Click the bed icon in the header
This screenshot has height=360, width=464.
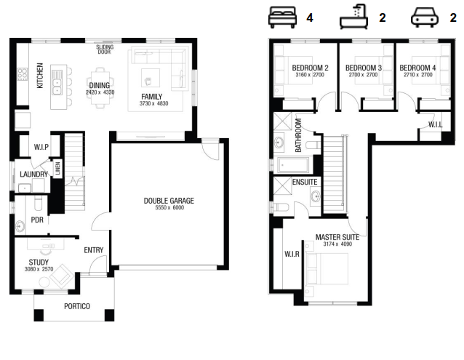pyautogui.click(x=282, y=17)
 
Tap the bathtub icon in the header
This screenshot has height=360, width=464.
pyautogui.click(x=353, y=17)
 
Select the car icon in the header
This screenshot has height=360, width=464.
pyautogui.click(x=424, y=17)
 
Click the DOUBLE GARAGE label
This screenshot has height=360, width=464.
pyautogui.click(x=169, y=201)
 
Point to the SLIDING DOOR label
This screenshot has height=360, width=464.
pyautogui.click(x=105, y=49)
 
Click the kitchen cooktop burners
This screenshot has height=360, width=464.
pyautogui.click(x=23, y=74)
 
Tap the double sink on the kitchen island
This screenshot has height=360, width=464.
pyautogui.click(x=57, y=82)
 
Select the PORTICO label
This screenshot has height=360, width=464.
pyautogui.click(x=77, y=306)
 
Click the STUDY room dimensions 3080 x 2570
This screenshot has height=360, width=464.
pyautogui.click(x=39, y=269)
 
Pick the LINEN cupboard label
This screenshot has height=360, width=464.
pyautogui.click(x=57, y=168)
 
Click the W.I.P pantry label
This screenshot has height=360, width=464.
pyautogui.click(x=41, y=147)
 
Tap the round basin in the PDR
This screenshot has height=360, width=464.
pyautogui.click(x=20, y=227)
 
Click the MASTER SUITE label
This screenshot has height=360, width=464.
pyautogui.click(x=337, y=237)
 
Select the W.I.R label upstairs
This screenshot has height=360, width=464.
pyautogui.click(x=292, y=254)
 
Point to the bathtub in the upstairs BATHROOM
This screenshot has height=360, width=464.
pyautogui.click(x=293, y=165)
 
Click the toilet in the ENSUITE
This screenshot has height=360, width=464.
pyautogui.click(x=280, y=207)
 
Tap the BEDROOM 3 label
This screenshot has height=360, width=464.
pyautogui.click(x=364, y=68)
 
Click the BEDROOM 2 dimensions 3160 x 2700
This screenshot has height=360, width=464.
pyautogui.click(x=310, y=75)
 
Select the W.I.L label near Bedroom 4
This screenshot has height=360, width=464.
pyautogui.click(x=436, y=125)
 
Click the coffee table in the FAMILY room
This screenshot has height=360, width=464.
pyautogui.click(x=151, y=78)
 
